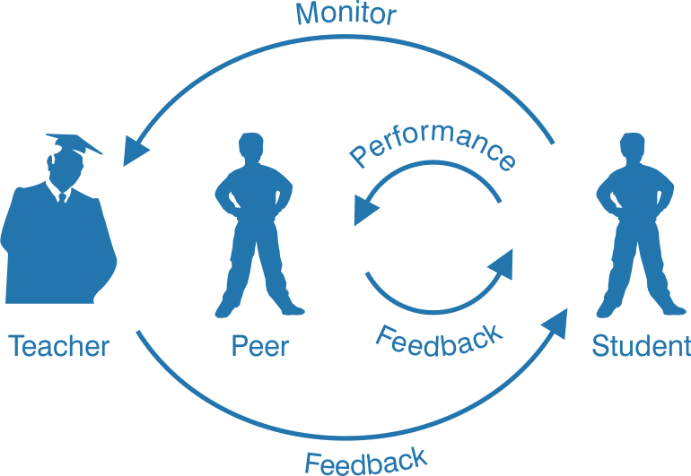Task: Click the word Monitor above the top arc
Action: [x=345, y=13]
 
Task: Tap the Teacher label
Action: [x=59, y=346]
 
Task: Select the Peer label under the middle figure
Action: [x=260, y=346]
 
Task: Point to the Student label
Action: [x=642, y=346]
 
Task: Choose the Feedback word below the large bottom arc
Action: [x=366, y=460]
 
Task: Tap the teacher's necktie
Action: [x=61, y=197]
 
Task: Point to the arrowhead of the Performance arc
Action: [x=364, y=212]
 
